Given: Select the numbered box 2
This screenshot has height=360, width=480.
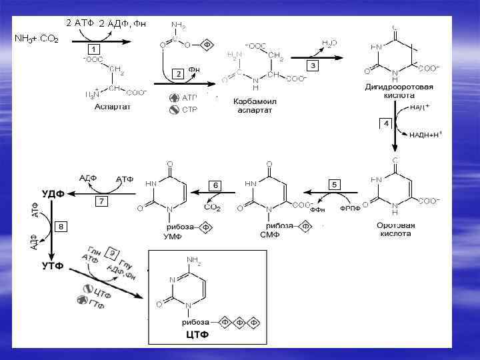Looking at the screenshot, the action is [177, 74].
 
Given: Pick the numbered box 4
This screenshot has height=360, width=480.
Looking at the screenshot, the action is [385, 124].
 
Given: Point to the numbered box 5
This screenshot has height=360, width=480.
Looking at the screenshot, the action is [335, 183].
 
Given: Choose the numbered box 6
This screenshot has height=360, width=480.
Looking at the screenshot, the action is [215, 185].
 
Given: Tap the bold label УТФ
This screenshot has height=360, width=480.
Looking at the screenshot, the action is [52, 265].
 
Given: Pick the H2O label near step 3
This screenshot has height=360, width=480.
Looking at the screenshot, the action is [329, 43].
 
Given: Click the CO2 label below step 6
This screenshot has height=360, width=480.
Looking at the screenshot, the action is [212, 208].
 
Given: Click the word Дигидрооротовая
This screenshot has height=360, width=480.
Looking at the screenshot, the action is [399, 87].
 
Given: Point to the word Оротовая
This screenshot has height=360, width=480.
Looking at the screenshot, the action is [395, 225].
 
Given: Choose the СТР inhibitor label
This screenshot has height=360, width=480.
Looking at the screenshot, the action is [190, 109].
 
